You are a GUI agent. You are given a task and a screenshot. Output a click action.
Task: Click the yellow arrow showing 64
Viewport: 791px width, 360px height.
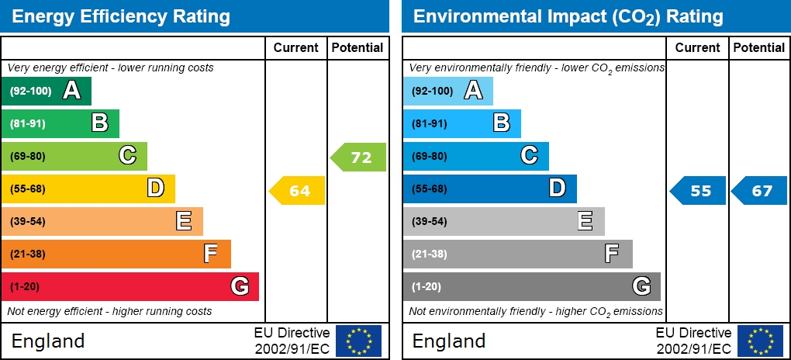tap(298, 191)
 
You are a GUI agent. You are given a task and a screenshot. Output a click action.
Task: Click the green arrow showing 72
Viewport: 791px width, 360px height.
tap(359, 157)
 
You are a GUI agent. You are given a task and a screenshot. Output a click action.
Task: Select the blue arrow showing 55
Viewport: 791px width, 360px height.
tap(699, 191)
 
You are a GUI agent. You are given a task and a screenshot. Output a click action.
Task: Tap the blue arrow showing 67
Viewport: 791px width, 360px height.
tap(760, 191)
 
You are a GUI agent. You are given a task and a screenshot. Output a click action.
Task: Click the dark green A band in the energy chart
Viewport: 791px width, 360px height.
tap(47, 92)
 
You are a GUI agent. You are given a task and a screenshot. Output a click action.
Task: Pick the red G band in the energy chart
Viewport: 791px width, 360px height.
tap(130, 287)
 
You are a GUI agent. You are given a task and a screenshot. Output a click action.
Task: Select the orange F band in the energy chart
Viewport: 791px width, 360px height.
tap(116, 254)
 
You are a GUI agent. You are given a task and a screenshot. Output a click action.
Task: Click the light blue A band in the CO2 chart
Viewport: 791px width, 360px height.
tap(447, 92)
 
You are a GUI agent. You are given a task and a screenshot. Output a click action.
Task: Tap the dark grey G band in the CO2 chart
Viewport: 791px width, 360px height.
tap(531, 287)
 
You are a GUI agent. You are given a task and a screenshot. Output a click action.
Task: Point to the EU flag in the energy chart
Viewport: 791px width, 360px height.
tap(358, 341)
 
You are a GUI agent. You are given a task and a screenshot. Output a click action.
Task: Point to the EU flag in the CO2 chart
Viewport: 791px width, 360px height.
tap(760, 341)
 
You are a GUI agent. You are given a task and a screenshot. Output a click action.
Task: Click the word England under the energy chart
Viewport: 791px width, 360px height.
tap(48, 341)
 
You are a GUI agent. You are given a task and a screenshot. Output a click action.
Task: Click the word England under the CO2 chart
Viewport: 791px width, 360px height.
tap(449, 341)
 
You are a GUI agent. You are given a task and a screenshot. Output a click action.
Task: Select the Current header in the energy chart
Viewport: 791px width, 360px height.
tap(296, 47)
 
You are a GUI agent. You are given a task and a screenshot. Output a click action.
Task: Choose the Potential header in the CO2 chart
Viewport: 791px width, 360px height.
tap(759, 47)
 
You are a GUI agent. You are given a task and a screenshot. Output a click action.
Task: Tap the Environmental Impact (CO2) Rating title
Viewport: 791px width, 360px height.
tap(568, 16)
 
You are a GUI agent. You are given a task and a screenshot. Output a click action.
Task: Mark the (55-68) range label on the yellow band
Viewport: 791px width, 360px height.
tap(28, 189)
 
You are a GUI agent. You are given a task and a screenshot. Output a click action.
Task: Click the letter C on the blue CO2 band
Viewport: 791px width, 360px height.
tap(529, 156)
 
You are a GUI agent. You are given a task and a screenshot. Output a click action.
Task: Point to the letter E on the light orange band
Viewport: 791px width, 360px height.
tap(184, 222)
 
